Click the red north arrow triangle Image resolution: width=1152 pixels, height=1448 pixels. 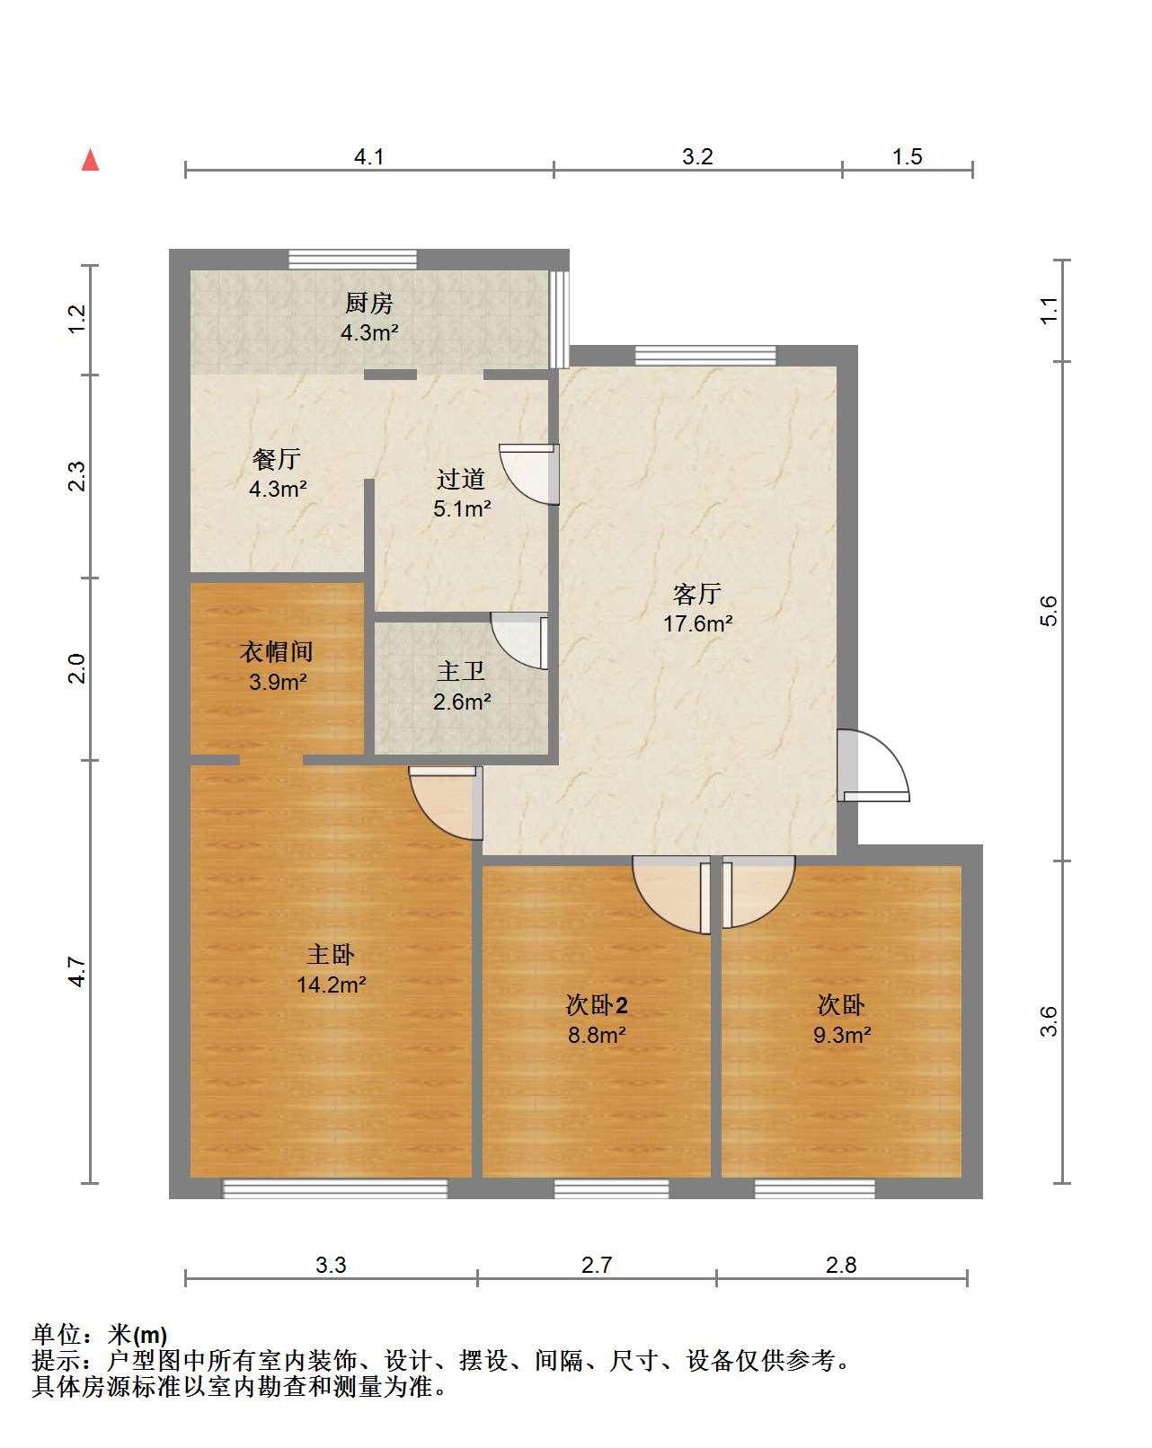(x=90, y=160)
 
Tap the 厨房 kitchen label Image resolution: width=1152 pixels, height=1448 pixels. (x=368, y=304)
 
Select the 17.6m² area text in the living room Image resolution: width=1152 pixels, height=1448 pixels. (x=697, y=623)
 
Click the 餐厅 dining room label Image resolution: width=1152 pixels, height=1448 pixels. (x=276, y=459)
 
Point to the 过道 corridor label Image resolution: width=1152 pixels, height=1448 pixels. (x=461, y=479)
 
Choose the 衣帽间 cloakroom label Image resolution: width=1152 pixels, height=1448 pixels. (x=276, y=651)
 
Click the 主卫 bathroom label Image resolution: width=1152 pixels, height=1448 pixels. (x=461, y=672)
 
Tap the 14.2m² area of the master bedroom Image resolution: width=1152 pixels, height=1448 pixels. (x=332, y=985)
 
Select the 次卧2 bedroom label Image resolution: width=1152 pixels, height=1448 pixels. (x=597, y=1005)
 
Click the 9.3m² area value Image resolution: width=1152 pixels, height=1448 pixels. (x=842, y=1035)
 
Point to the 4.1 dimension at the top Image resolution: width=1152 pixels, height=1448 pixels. (x=369, y=157)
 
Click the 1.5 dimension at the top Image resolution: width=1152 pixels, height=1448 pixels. (x=907, y=157)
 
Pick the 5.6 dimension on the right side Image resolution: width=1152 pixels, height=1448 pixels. (x=1049, y=611)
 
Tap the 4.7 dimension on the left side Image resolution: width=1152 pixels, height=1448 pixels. (x=77, y=972)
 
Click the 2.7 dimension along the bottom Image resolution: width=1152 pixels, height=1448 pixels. (x=597, y=1266)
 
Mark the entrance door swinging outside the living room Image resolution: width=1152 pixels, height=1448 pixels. (x=873, y=765)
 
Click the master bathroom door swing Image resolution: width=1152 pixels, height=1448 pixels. (x=519, y=640)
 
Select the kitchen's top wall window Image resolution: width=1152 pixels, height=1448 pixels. (x=353, y=259)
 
